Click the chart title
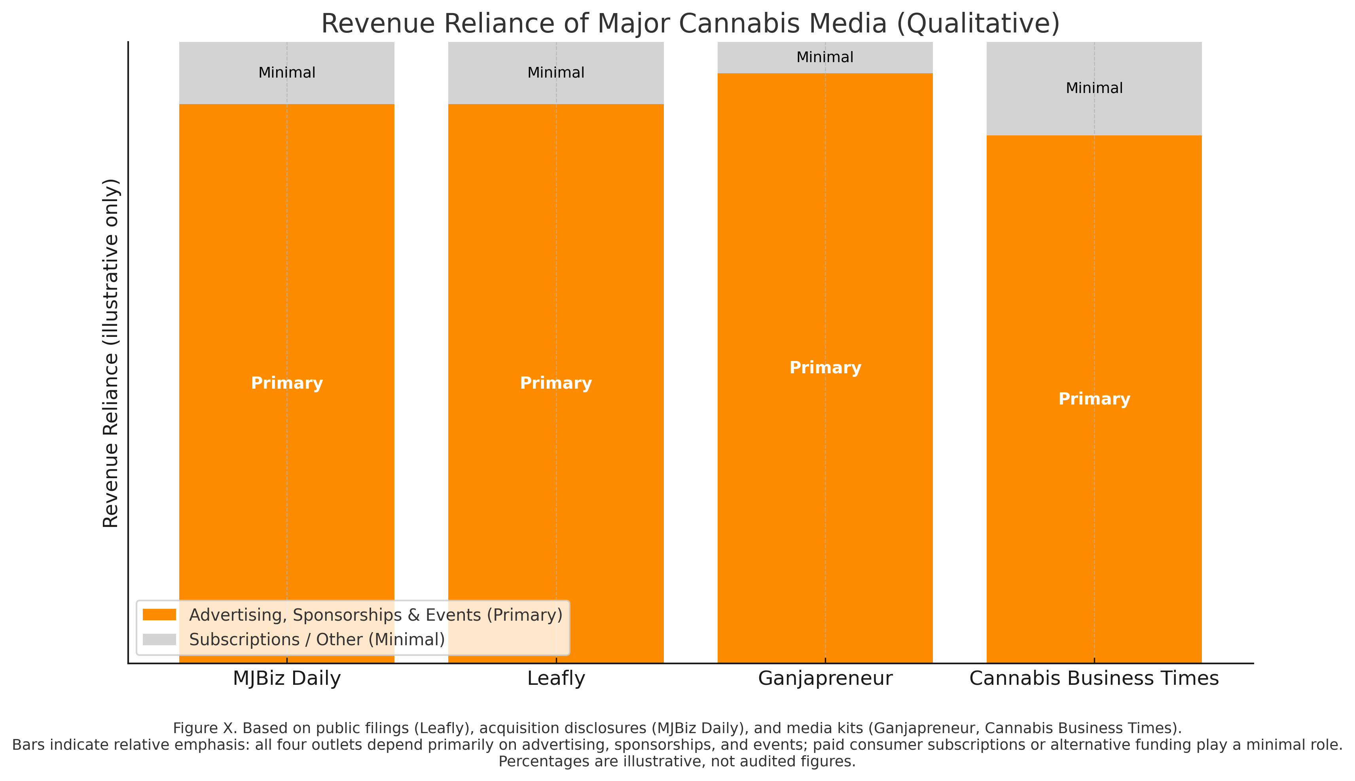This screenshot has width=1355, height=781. (690, 24)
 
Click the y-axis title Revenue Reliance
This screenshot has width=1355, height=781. (111, 353)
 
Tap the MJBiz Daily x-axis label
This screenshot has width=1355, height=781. (287, 678)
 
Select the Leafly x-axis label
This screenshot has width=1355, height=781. (556, 678)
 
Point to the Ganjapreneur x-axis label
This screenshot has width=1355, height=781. (825, 678)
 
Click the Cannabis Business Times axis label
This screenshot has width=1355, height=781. (1094, 678)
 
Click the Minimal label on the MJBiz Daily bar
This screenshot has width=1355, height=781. (287, 72)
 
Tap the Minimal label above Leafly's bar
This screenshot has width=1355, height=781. (556, 72)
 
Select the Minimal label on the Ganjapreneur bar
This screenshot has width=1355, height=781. (825, 57)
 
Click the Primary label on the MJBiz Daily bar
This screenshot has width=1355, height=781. (287, 383)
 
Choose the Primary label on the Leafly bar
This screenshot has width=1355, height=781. (556, 383)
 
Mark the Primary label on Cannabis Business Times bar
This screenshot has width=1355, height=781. (1094, 399)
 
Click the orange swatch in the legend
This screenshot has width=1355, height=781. (159, 615)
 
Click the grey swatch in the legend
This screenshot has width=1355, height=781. (159, 639)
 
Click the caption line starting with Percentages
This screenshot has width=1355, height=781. (677, 762)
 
